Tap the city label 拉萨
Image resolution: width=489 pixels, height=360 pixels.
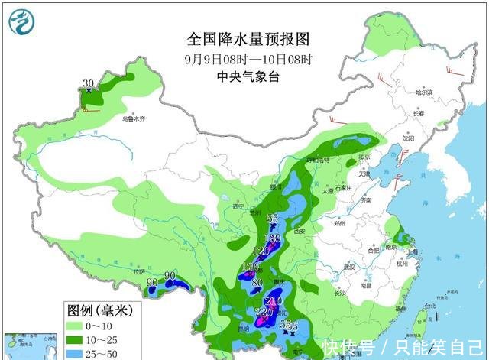(138, 271)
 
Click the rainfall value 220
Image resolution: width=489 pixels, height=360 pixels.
(264, 312)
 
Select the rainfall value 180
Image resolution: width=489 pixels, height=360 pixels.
(273, 238)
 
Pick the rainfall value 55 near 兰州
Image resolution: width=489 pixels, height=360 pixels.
(273, 219)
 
